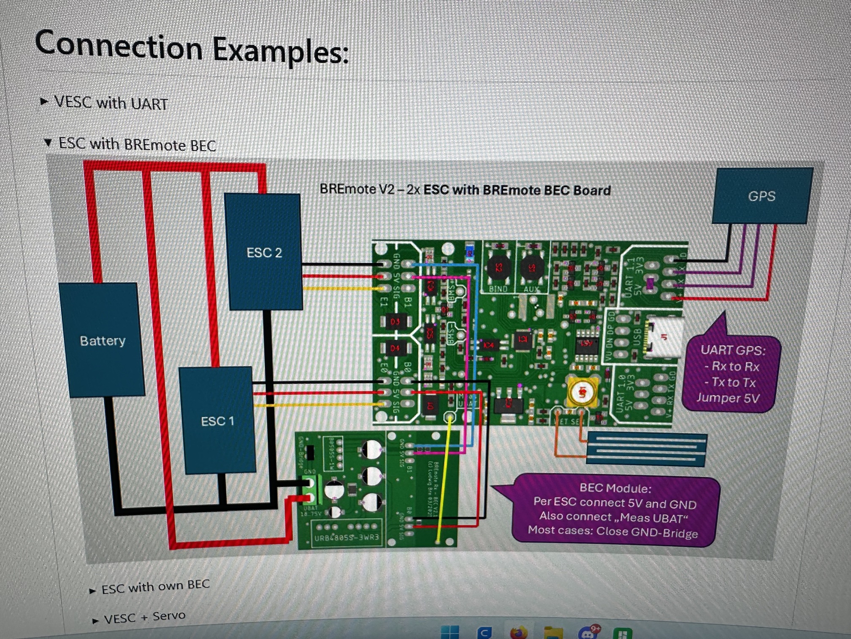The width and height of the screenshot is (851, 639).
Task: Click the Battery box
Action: click(102, 340)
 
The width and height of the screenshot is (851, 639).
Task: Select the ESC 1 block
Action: click(217, 421)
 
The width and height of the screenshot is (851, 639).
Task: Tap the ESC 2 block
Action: click(264, 252)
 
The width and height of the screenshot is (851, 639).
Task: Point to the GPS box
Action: click(762, 196)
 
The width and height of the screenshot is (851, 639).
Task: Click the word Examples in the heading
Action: click(280, 51)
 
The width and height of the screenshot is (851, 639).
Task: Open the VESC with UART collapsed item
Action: click(111, 103)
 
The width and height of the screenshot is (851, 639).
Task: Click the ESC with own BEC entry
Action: click(155, 587)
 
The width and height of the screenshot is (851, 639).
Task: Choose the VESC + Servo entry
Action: click(144, 617)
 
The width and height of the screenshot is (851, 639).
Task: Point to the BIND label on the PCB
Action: click(498, 289)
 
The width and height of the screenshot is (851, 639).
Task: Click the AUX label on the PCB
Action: click(531, 289)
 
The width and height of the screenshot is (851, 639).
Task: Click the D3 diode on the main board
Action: click(395, 322)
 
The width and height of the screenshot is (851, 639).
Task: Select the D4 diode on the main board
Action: click(395, 348)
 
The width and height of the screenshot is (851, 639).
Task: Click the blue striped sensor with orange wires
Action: click(646, 449)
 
